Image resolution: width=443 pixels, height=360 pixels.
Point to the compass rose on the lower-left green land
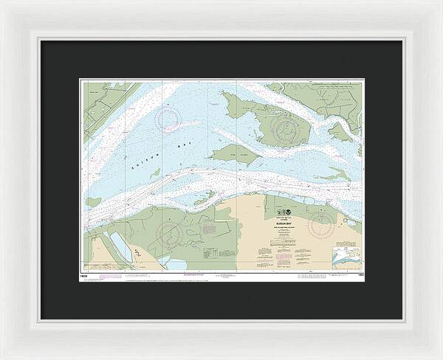(170, 234)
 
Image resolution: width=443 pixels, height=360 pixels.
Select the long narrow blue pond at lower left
(120, 246)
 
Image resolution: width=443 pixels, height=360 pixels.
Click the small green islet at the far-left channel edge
(93, 201)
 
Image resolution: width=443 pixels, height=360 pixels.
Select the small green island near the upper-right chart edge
(340, 132)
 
